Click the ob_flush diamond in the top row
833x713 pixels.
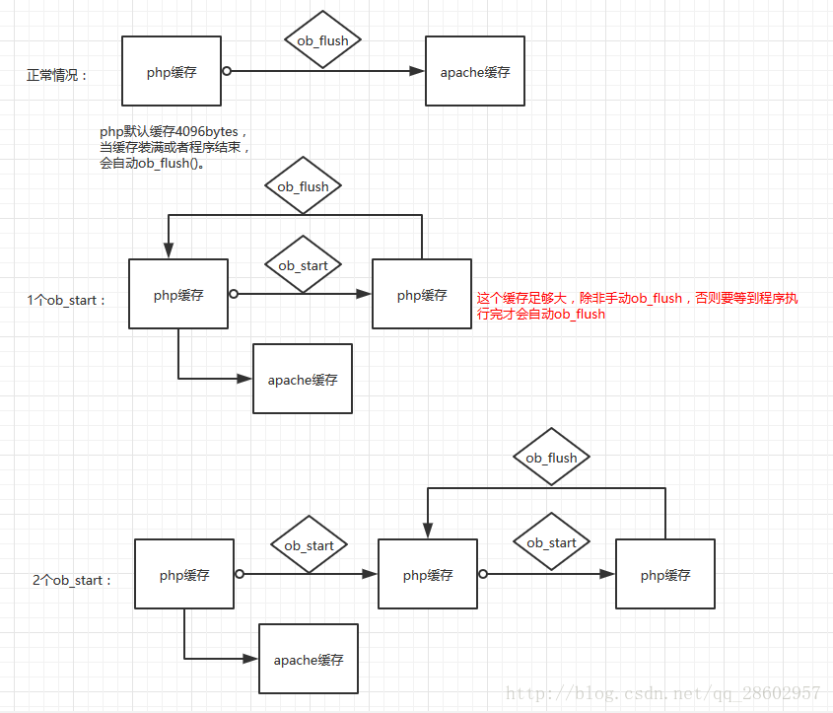click(322, 39)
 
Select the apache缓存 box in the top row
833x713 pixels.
click(475, 71)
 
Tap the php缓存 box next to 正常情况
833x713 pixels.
click(172, 71)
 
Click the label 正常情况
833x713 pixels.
click(56, 75)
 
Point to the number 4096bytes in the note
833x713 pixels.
click(206, 131)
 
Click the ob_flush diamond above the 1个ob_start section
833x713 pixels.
click(303, 185)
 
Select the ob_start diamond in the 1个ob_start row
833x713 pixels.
click(303, 264)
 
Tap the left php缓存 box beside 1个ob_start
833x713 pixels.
click(178, 294)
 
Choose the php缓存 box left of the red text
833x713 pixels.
click(422, 294)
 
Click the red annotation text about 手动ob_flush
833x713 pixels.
click(637, 306)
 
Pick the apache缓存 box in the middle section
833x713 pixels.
click(303, 379)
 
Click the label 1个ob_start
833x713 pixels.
click(66, 300)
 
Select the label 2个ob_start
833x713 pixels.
click(72, 580)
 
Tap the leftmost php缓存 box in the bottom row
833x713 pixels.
click(184, 574)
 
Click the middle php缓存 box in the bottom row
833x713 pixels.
click(428, 574)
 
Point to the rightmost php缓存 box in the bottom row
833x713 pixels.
click(665, 574)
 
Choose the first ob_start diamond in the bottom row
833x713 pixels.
click(309, 544)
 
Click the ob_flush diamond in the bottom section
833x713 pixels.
click(551, 457)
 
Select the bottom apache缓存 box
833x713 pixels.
click(309, 659)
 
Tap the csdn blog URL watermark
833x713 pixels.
click(663, 693)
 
